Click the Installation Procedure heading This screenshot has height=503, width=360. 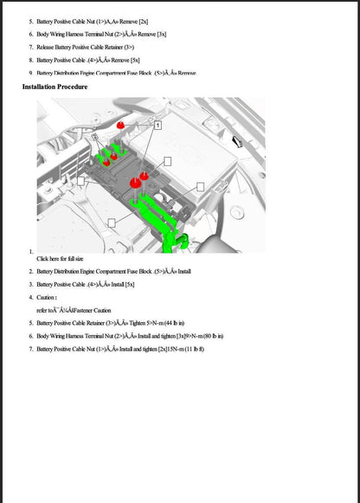point(55,87)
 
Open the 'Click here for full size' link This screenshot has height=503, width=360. point(60,258)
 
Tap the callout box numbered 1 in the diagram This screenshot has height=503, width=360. point(157,126)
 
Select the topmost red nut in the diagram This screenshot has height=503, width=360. point(121,125)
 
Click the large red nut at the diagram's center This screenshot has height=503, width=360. point(136,182)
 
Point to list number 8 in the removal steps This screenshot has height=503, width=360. point(30,60)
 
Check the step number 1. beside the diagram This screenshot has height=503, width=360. point(30,250)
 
